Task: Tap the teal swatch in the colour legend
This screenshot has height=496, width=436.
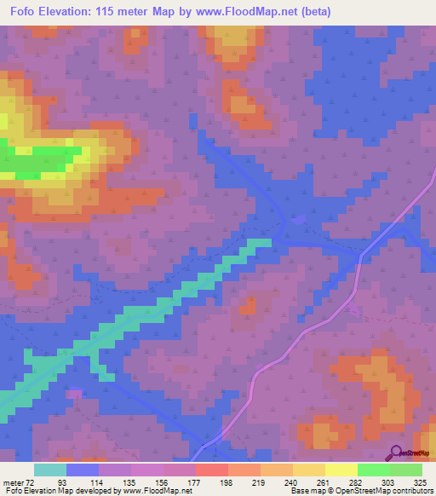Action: pyautogui.click(x=50, y=470)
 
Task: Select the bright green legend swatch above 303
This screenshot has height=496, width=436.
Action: pyautogui.click(x=374, y=470)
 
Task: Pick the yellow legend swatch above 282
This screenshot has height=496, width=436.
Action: pyautogui.click(x=341, y=470)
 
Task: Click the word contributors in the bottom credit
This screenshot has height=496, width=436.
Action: pyautogui.click(x=412, y=491)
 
